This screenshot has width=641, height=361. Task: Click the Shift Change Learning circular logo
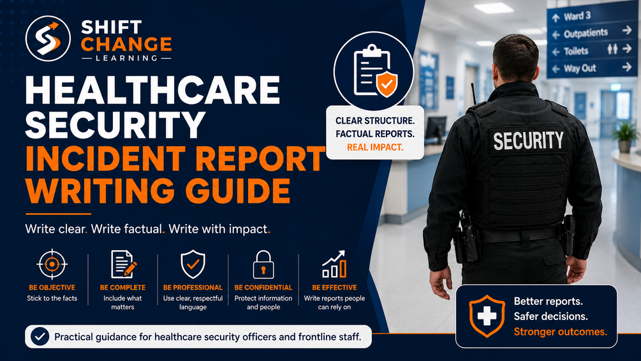[48, 38]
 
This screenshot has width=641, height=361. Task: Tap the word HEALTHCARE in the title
[152, 90]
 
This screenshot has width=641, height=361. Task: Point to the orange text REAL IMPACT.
[375, 147]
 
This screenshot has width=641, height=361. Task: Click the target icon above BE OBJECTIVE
[52, 264]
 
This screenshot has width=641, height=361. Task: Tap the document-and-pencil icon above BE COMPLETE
[123, 264]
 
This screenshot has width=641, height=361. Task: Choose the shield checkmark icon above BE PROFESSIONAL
[193, 264]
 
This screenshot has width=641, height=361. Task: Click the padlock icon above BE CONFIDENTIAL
[263, 265]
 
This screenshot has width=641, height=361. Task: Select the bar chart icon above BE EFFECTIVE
[334, 264]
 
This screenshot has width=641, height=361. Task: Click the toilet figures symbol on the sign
[612, 50]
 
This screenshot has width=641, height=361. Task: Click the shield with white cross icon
[487, 316]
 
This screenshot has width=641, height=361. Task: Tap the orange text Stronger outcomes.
[560, 332]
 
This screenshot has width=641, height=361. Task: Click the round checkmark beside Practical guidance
[40, 337]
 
